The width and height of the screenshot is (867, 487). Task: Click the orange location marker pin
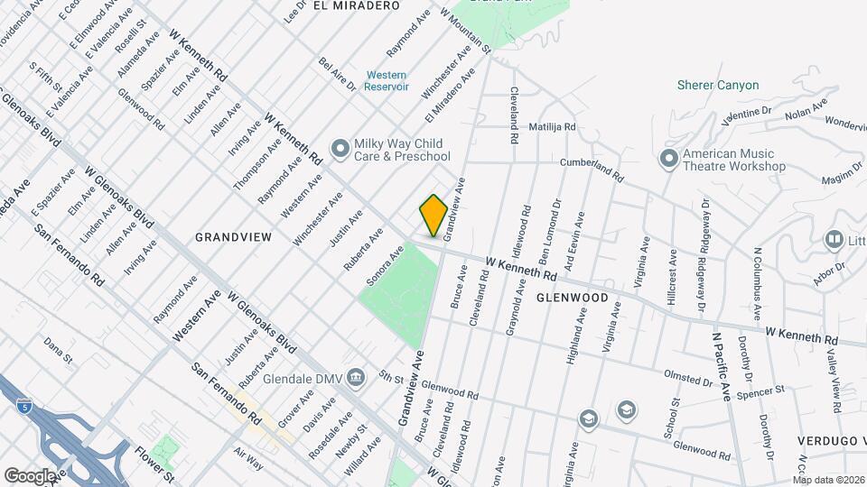tap(433, 216)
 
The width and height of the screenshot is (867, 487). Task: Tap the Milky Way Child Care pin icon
tap(340, 147)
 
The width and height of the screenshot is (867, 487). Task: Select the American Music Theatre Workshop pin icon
tap(669, 159)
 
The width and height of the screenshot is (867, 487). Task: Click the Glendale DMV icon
tap(357, 377)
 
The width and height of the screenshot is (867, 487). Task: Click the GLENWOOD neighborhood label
tap(572, 298)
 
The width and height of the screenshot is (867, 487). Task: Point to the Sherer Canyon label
tap(718, 86)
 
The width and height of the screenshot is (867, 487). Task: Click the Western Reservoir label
tap(387, 80)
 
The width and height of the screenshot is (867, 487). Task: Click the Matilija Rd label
tap(552, 127)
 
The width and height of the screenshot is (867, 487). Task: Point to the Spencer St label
tap(760, 391)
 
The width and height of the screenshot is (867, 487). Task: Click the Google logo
tap(30, 475)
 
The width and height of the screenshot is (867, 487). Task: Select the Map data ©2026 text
tap(828, 479)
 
